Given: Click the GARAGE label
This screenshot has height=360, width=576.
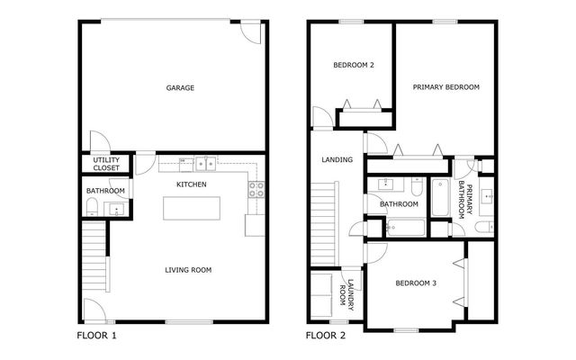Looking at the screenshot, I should [180, 88].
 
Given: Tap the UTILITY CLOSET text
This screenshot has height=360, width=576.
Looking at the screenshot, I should [107, 165].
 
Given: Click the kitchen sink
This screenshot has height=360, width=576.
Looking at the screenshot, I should [206, 164].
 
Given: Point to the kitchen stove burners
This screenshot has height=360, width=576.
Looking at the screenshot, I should [256, 189].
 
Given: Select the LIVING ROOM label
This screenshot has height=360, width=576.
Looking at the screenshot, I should [188, 270].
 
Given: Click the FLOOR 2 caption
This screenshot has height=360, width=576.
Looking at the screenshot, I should [326, 337].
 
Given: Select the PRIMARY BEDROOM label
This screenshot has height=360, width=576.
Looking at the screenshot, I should [445, 87].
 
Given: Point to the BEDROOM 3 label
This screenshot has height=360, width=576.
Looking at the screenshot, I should [416, 283].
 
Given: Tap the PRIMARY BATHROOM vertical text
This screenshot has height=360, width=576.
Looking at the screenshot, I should [465, 198].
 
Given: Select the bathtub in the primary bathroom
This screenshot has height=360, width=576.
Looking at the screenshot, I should [441, 198].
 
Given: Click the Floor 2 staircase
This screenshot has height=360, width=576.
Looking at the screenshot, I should [324, 220].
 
